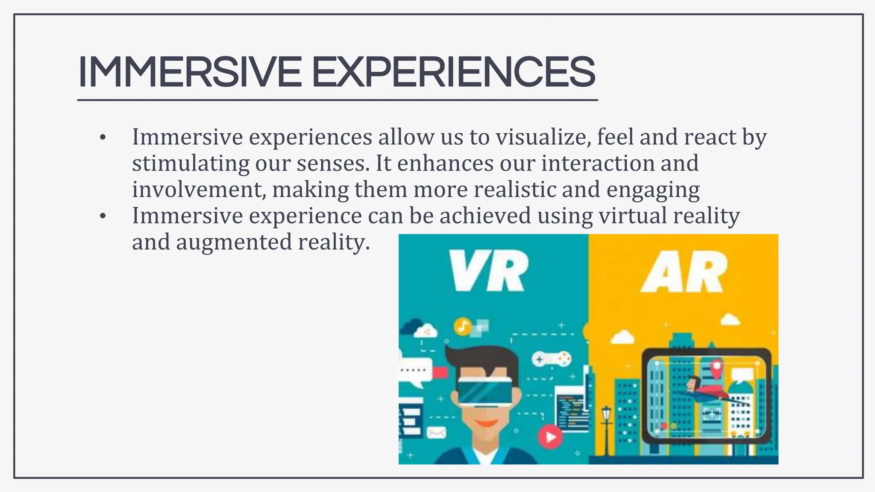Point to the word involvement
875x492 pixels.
point(197,190)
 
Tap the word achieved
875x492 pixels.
point(485,216)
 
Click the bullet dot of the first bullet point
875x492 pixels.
point(102,138)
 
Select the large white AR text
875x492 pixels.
point(684,272)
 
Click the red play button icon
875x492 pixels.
point(550,437)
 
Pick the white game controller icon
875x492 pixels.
point(551,359)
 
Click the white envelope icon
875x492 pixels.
point(436,433)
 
